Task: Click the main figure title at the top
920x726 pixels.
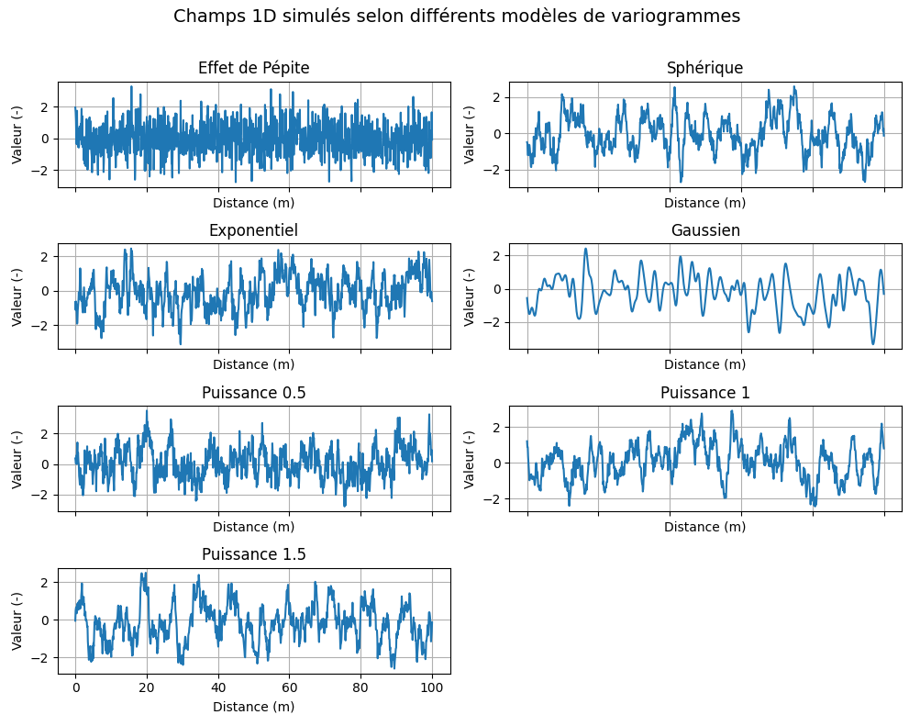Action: click(457, 17)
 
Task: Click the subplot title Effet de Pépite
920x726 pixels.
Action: click(254, 68)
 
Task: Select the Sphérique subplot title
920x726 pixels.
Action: click(704, 68)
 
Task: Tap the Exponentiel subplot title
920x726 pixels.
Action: click(254, 230)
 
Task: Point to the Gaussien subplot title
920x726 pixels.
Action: click(704, 230)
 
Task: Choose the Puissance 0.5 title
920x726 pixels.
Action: click(254, 393)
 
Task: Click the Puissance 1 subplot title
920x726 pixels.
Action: click(704, 393)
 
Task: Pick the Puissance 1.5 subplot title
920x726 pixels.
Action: click(254, 554)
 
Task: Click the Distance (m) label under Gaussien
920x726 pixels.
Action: click(704, 364)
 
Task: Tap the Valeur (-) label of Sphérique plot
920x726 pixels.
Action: click(470, 134)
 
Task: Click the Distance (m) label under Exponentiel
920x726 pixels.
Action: click(254, 364)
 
